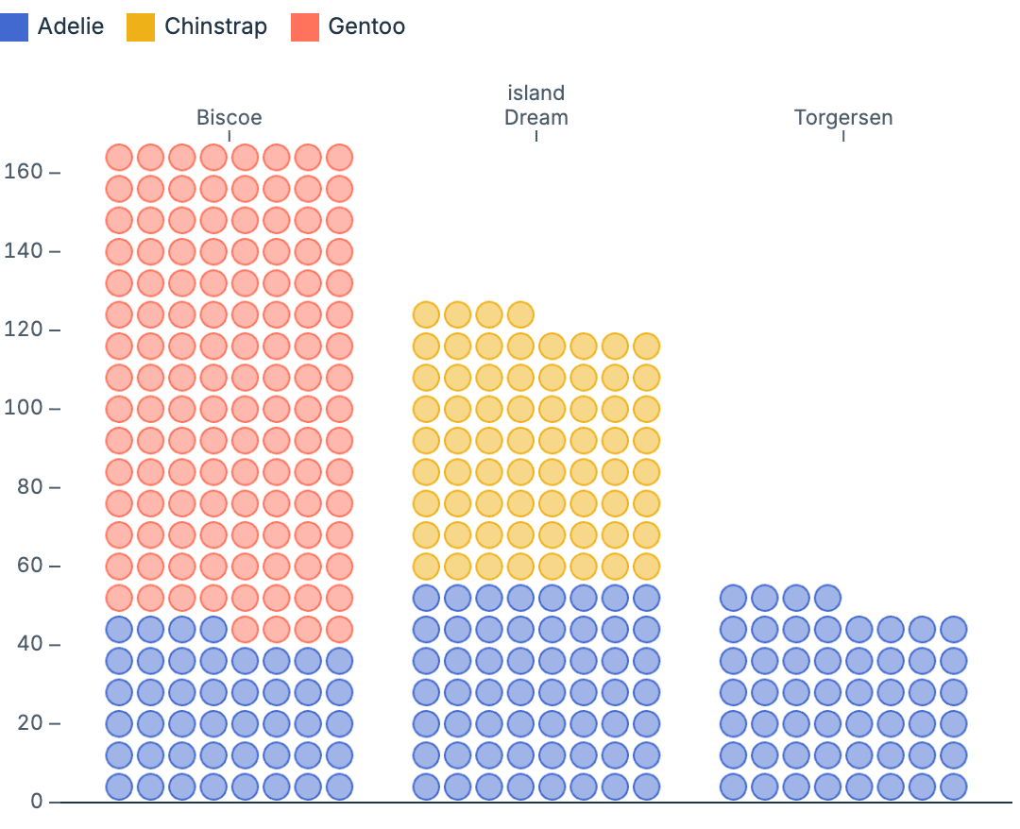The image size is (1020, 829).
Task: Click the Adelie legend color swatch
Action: pos(14,26)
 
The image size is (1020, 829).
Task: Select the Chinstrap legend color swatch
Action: pos(141,26)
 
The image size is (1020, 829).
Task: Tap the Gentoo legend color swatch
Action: pos(305,26)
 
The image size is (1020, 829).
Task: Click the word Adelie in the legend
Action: pos(71,26)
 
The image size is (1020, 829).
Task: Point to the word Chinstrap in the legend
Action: pos(215,26)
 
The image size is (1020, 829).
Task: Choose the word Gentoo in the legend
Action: pos(366,26)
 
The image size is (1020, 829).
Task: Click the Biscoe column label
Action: pos(229,118)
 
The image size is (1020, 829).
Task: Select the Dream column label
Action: pos(536,118)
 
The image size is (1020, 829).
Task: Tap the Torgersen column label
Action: pos(843,118)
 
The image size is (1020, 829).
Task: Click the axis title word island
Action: pos(536,93)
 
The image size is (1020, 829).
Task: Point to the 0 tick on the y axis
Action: pos(37,802)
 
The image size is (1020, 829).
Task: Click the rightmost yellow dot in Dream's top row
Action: pos(520,314)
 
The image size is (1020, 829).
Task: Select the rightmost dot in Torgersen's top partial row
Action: pos(827,598)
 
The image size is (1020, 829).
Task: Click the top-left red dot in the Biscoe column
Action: pos(119,157)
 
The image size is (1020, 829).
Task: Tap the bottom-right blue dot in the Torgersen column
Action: pos(953,787)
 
